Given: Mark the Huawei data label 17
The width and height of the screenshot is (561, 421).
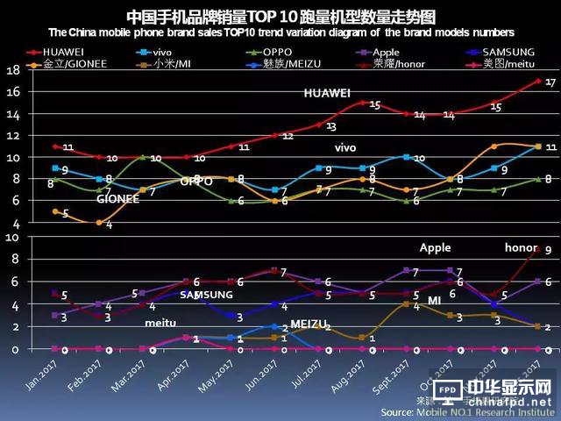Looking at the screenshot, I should pos(550,82).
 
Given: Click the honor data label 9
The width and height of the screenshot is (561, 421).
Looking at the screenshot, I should pos(548,250).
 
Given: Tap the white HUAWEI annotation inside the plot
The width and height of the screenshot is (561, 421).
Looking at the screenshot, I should pos(328,93).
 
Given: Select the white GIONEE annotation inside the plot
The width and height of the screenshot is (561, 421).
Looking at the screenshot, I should pos(118,199).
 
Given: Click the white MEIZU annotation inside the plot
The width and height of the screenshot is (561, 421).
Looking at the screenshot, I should pos(308,325).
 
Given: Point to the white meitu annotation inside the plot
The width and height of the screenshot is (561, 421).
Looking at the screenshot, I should pos(160,323).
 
